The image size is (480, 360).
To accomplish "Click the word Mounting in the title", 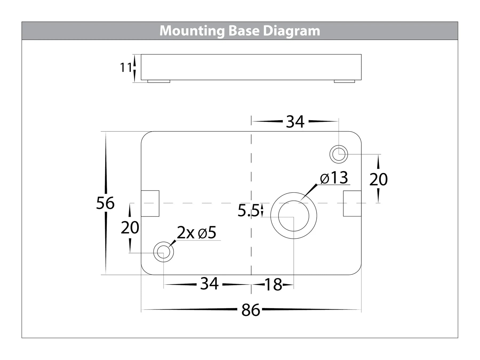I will pos(192,31).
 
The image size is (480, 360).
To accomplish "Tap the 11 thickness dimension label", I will pos(125,67).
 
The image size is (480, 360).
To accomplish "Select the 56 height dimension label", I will pos(105,203).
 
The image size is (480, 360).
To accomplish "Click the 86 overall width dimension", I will pos(250,310).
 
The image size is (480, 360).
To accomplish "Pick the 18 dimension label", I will pos(273,285).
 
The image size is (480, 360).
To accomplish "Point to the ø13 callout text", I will pos(334,178).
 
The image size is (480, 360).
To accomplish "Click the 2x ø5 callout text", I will pos(197,233).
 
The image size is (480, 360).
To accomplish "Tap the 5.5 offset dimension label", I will pos(248,211).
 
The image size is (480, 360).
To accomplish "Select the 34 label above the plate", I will pos(295,122).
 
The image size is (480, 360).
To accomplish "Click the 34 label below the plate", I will pos(209,284).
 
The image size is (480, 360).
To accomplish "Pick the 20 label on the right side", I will pos(378,179).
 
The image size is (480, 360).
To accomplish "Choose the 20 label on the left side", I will pos(130,228).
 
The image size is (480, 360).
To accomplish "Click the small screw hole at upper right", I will pos(339,154).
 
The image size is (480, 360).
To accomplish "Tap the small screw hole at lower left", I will pos(163,252).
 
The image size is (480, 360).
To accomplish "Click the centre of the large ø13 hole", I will pos(294,216).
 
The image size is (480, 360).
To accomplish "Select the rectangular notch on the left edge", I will pos(150,203).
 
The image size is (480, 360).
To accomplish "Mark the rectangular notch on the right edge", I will pos(352,203).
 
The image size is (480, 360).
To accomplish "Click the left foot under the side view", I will pos(159,81).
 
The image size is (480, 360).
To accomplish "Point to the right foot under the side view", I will pos(344,81).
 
